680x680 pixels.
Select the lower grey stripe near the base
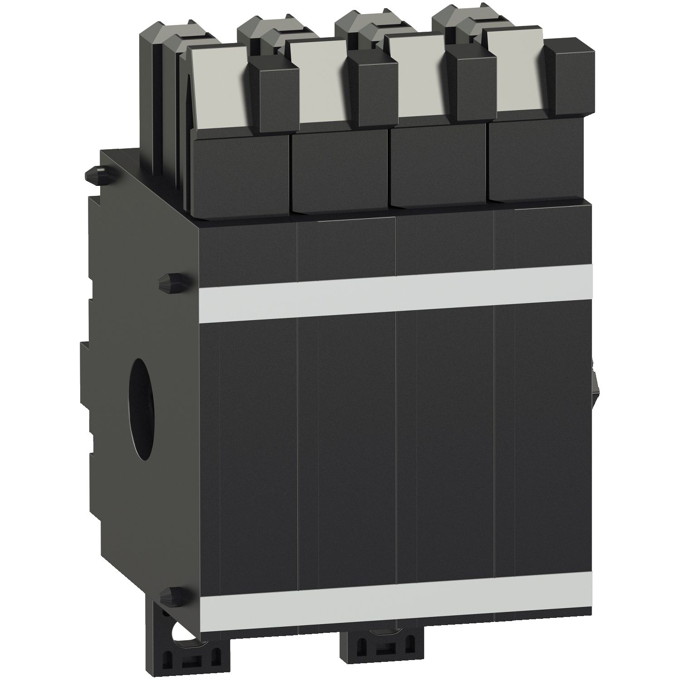394,598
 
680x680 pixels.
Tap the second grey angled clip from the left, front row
320,84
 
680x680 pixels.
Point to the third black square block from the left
437,165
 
